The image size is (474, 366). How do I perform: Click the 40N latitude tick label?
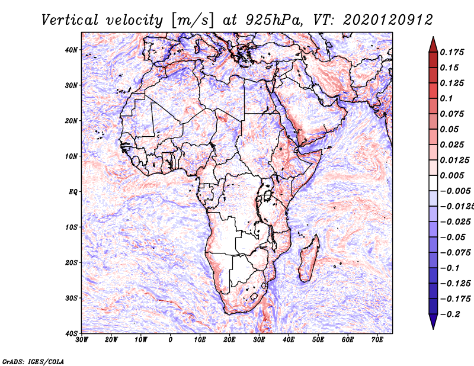coord(71,50)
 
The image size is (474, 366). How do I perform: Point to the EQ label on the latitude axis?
coord(73,192)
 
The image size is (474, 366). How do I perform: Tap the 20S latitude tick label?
coord(71,262)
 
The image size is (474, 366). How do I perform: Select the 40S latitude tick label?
coord(71,333)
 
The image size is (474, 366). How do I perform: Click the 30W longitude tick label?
coord(82,340)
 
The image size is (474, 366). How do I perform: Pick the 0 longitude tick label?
coord(171,340)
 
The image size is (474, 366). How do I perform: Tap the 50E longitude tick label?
coord(318,340)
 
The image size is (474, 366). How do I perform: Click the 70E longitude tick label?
coord(377,340)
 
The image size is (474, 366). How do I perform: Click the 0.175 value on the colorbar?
coord(451,52)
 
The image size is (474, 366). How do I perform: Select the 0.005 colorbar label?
coord(451,175)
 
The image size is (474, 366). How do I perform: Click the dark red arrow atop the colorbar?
coord(433,45)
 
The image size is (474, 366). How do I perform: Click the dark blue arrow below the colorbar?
coord(433,321)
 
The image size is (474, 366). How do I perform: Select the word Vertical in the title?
coord(70,20)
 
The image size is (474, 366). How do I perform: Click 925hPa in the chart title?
coord(274,20)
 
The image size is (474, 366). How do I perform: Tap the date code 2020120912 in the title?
coord(387,20)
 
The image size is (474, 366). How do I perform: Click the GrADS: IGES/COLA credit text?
coord(33,361)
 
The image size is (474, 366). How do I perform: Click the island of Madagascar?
coord(309,258)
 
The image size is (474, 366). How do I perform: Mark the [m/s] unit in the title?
coord(192,21)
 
